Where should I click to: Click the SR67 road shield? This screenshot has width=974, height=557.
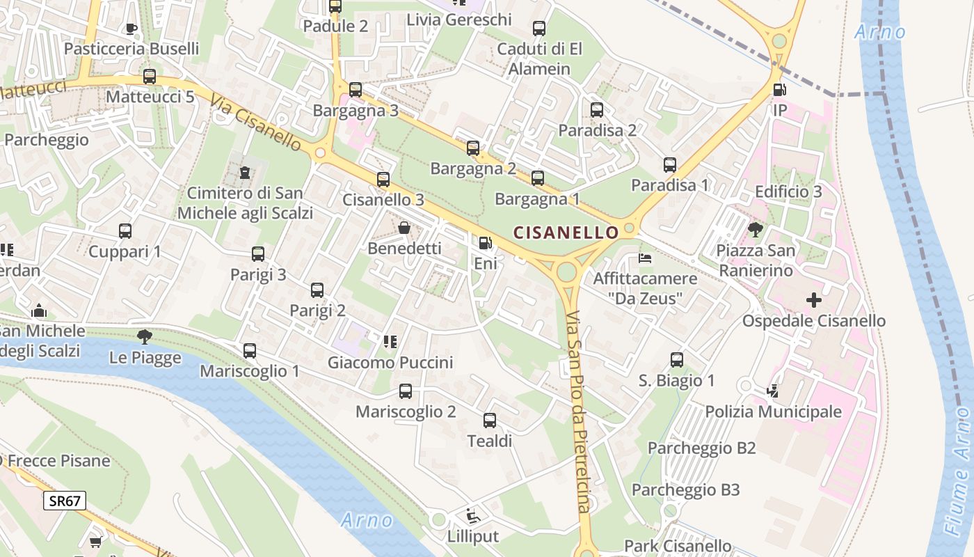65,500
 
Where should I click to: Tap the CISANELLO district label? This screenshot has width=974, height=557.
566,233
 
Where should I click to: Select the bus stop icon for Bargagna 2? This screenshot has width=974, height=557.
473,148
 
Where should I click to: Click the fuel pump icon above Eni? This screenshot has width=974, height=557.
485,244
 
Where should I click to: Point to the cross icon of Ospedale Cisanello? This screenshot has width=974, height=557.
813,301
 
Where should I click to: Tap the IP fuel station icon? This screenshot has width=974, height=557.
779,90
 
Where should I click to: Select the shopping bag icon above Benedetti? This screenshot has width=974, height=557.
404,228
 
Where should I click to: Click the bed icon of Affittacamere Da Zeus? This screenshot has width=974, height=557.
645,258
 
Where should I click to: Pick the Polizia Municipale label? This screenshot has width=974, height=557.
773,411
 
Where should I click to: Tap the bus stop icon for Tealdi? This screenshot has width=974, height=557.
490,421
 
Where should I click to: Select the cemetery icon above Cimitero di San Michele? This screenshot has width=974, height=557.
245,172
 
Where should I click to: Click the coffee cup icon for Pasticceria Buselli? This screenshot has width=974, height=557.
131,29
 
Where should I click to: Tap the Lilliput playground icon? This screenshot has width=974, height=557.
473,516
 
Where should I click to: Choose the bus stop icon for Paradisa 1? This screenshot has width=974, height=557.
670,165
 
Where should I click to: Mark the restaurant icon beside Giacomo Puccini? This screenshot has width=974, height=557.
390,341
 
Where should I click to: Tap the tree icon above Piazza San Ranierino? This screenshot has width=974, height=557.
755,229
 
